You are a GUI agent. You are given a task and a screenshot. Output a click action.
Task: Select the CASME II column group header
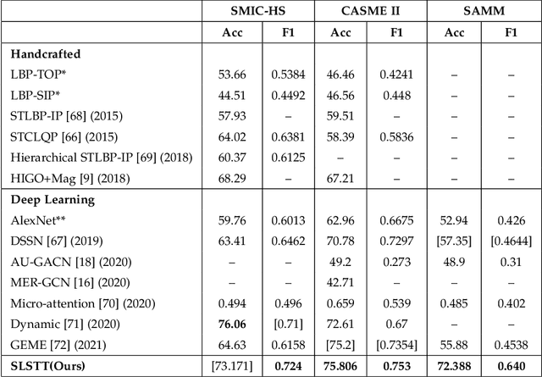[x=369, y=11]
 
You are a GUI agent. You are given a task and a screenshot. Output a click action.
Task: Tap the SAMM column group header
[x=480, y=11]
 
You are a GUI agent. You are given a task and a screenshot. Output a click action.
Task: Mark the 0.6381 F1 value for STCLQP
[x=287, y=137]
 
